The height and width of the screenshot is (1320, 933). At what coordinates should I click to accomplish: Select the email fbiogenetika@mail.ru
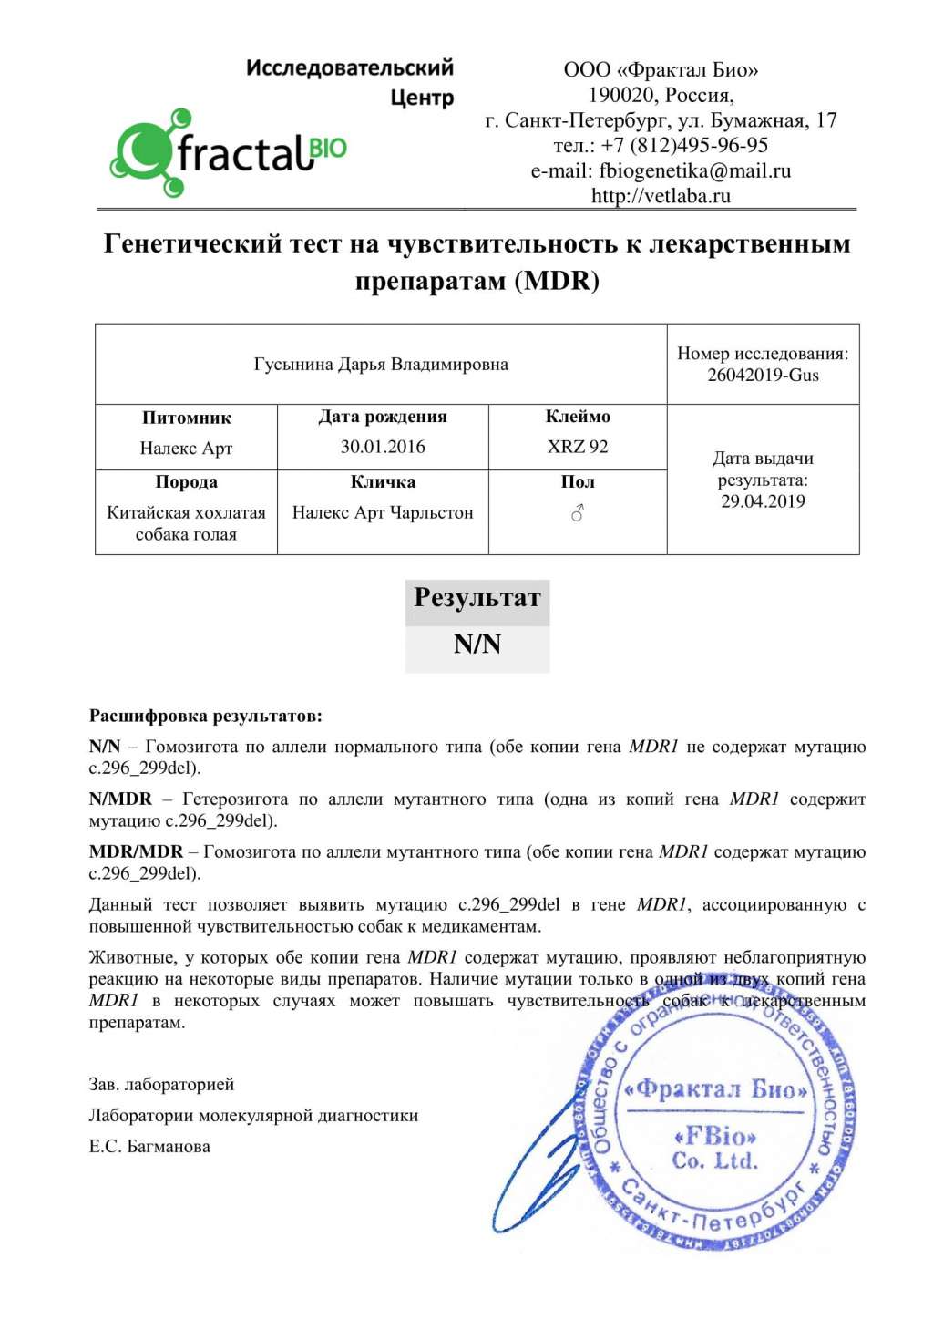pos(694,170)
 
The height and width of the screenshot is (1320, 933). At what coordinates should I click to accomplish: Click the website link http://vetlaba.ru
pos(661,195)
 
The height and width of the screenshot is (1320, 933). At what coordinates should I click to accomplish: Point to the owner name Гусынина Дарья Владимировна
pos(381,365)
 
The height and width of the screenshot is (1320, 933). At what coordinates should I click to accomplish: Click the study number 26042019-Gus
pos(763,375)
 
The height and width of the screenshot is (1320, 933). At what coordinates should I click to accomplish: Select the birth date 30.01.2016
pos(383,447)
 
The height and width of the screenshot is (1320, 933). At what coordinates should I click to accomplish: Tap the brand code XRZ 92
pos(578,447)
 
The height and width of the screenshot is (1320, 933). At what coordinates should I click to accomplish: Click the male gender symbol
pos(577,514)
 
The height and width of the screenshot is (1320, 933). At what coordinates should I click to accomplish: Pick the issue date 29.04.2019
pos(763,500)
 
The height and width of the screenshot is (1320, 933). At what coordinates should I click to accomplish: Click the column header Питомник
pos(186,418)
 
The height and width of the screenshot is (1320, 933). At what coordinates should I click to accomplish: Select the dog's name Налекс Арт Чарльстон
pos(383,512)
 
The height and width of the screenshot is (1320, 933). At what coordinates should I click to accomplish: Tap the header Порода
pos(186,481)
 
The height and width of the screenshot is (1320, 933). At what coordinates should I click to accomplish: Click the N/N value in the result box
pos(477,645)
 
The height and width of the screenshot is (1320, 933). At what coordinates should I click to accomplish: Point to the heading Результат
pos(477,598)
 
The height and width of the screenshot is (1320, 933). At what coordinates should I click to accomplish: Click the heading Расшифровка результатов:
pos(205,717)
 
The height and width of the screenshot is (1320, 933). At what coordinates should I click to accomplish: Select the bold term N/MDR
pos(120,799)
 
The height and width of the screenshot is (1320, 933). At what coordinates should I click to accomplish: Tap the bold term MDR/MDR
pos(136,852)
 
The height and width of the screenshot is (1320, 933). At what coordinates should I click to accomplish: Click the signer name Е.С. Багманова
pos(149,1147)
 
